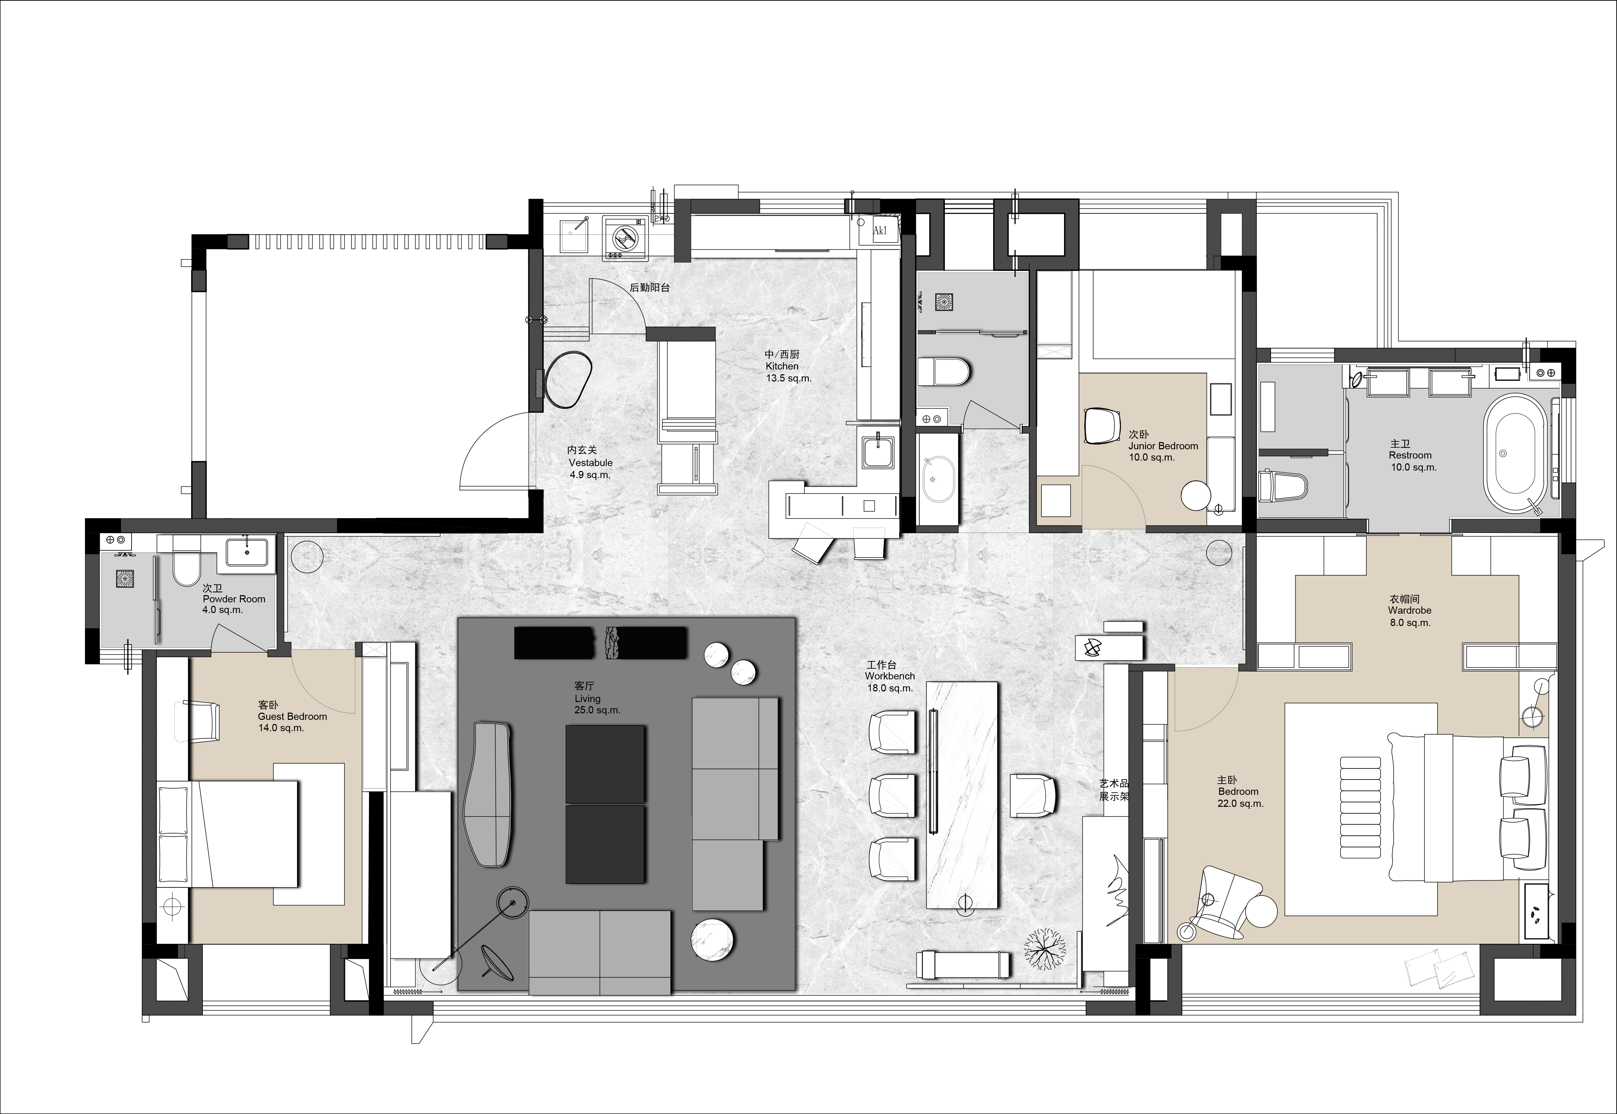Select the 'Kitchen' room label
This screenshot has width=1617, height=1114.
point(782,366)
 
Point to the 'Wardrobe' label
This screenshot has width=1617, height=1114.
point(1410,610)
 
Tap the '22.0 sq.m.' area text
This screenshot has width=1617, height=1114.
point(1241,803)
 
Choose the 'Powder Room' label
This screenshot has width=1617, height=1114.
point(234,599)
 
